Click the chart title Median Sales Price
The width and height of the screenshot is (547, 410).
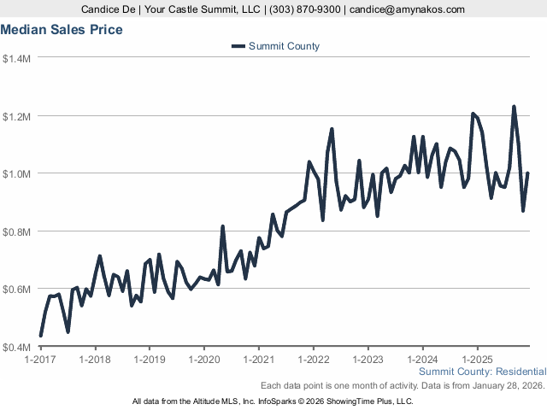62,30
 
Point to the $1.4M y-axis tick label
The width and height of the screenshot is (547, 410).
17,58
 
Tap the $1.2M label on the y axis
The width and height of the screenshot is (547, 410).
17,116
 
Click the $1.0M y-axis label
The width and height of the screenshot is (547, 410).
17,173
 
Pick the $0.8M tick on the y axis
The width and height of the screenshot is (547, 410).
17,231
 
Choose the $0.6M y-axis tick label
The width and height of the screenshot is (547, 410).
17,289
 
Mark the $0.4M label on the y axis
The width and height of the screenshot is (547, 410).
17,347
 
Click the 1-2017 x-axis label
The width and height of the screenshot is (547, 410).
41,360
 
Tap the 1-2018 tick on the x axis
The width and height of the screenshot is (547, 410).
95,360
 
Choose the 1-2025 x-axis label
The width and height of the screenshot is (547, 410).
476,360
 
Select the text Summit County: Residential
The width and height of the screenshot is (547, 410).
483,372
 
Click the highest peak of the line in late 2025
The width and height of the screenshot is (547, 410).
514,107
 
